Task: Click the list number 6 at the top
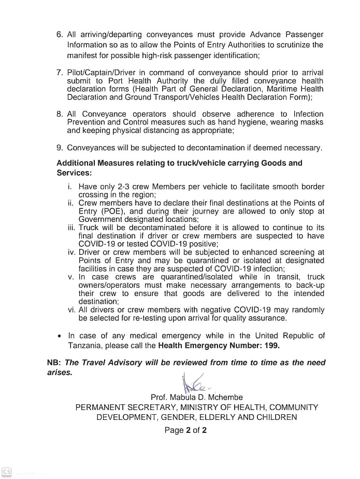click(x=60, y=35)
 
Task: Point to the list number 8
click(x=60, y=114)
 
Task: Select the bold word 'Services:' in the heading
click(x=74, y=173)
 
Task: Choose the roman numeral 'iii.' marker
click(x=71, y=228)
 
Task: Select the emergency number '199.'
click(x=272, y=346)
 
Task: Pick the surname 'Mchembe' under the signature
click(x=224, y=398)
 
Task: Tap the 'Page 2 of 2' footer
click(x=185, y=430)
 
